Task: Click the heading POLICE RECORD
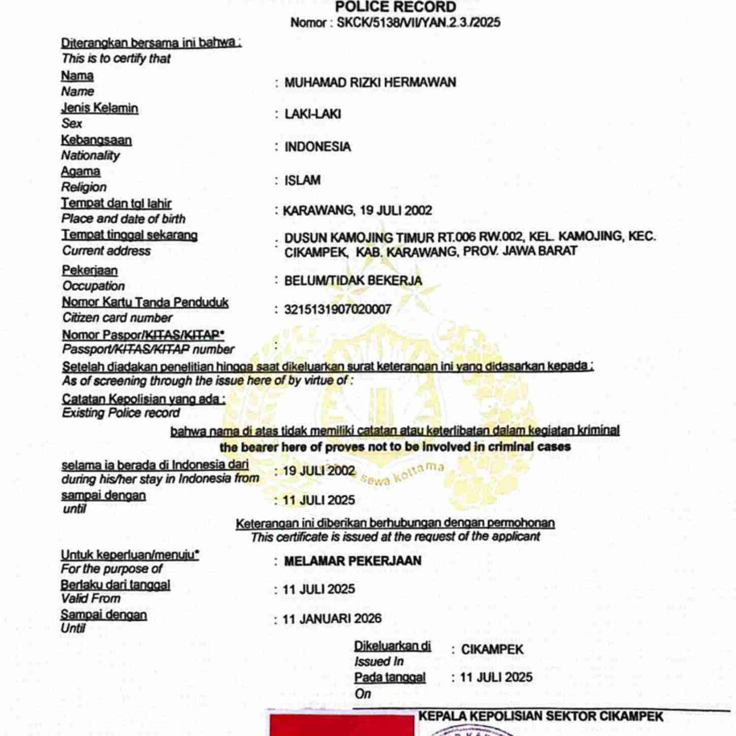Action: (395, 7)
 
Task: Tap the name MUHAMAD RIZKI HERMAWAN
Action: (370, 82)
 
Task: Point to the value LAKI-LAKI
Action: (312, 114)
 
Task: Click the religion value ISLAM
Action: (302, 180)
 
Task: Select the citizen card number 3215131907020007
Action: (337, 309)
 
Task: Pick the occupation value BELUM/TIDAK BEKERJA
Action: (353, 280)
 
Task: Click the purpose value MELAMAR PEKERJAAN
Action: (353, 561)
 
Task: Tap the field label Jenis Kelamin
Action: (100, 108)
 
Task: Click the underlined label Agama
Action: (81, 171)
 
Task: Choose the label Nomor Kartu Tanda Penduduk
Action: (145, 302)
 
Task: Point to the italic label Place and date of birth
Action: (123, 219)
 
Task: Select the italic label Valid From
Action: (90, 598)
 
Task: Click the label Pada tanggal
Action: (390, 678)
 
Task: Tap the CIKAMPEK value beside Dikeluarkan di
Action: (492, 650)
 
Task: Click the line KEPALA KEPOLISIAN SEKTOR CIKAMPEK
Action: (541, 717)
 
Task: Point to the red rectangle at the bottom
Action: (341, 725)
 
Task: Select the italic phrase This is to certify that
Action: (116, 59)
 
